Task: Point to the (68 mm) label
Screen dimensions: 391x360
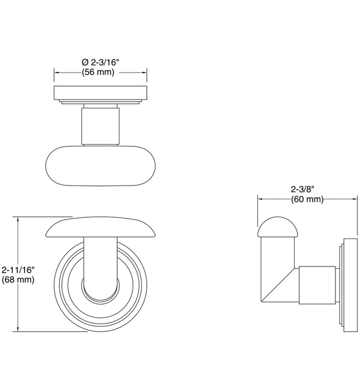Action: [x=19, y=279]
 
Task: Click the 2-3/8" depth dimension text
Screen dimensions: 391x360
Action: [x=307, y=190]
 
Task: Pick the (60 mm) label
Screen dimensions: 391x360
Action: [x=307, y=199]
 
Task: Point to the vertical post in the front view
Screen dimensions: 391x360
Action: [x=100, y=263]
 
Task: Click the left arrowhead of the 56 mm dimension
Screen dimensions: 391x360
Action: [x=56, y=73]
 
